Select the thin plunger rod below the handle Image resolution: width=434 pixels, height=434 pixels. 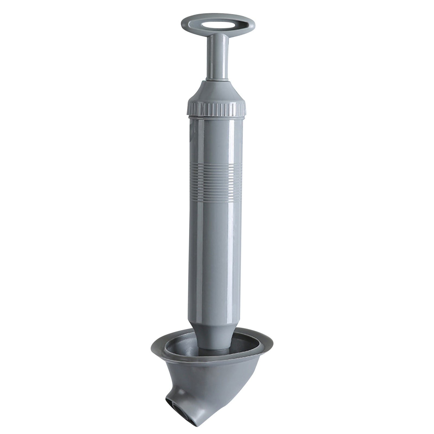pyautogui.click(x=217, y=57)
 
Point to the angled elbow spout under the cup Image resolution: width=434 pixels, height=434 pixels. pyautogui.click(x=190, y=407)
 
